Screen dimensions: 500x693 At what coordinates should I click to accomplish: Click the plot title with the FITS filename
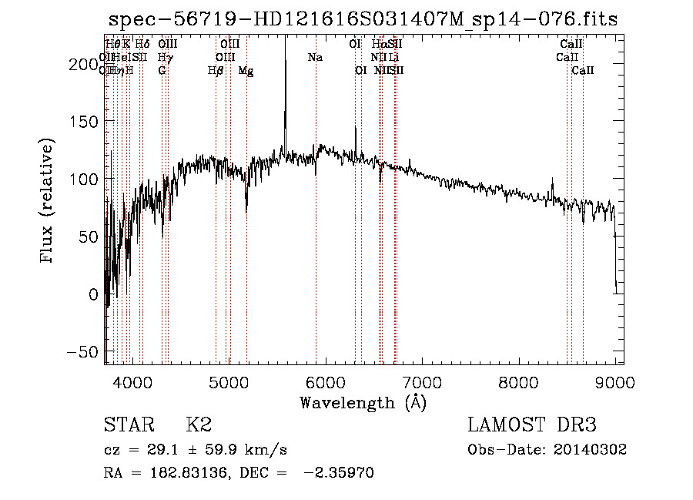pos(363,19)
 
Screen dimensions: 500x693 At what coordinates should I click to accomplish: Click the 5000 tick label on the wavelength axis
pos(229,381)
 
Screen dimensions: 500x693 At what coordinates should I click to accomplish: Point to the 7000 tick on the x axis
pos(422,381)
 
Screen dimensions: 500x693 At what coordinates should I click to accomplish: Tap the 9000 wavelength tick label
pos(615,381)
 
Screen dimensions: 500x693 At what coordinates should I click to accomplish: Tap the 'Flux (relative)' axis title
pos(48,201)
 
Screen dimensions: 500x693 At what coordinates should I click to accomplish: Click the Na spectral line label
pos(315,58)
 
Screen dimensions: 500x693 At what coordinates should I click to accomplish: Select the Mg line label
pos(246,71)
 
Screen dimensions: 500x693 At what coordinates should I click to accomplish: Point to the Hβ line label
pos(216,71)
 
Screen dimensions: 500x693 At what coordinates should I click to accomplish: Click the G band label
pos(162,71)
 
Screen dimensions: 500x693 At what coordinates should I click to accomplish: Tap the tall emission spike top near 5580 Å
pos(286,39)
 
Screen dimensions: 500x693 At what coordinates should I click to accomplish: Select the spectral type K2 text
pos(199,425)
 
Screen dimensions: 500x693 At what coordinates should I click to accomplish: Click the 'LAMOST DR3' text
pos(531,425)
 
